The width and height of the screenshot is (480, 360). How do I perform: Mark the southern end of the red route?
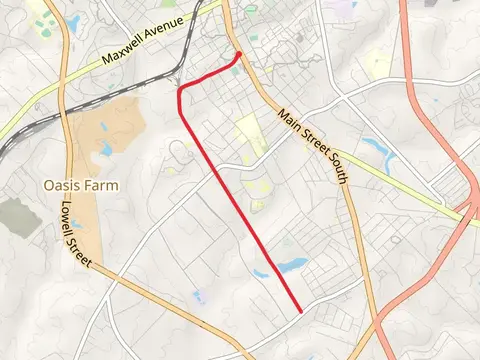301,311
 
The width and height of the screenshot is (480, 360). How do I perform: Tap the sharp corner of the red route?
181,90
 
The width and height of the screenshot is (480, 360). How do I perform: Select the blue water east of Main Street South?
378,150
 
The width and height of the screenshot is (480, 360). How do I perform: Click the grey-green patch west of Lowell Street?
14,215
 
